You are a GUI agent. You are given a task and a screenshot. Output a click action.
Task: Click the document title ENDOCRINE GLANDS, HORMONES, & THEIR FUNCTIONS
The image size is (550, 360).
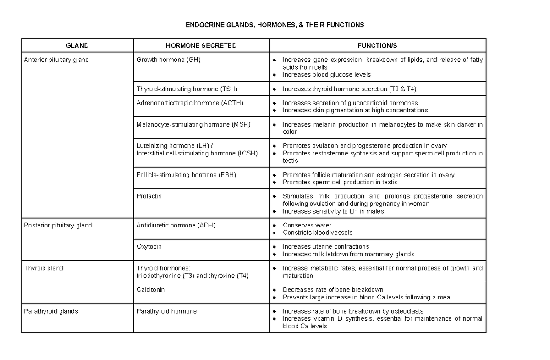275,24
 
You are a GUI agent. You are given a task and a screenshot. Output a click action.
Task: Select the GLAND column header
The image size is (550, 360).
77,45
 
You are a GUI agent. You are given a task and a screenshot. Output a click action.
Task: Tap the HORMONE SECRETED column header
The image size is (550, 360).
201,45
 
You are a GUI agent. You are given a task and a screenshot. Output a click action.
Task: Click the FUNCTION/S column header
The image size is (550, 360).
377,45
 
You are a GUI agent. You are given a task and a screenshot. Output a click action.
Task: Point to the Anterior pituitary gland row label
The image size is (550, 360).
56,60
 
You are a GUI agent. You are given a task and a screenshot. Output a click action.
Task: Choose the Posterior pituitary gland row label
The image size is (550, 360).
58,225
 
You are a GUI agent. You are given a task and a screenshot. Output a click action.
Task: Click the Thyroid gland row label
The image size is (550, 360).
44,268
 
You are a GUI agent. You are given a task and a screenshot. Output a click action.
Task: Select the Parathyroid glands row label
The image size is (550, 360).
51,311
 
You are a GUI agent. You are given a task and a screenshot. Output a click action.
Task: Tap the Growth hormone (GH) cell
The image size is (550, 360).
169,60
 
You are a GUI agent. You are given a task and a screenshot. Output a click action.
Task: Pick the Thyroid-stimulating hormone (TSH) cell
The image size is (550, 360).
187,89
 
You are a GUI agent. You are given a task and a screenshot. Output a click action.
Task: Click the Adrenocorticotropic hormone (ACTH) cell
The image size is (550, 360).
190,103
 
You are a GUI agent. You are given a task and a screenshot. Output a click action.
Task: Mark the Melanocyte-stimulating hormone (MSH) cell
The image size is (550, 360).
194,124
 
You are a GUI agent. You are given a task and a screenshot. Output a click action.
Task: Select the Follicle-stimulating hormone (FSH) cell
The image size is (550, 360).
187,175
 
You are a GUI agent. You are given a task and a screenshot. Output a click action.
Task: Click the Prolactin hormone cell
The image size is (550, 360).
149,196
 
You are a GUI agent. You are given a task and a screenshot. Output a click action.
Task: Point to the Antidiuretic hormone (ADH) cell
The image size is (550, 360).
176,225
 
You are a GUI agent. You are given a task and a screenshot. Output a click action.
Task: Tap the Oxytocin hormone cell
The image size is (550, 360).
149,246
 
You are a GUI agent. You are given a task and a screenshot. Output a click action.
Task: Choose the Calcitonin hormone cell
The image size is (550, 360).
150,289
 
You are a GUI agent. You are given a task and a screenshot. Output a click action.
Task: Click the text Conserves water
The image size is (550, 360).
307,225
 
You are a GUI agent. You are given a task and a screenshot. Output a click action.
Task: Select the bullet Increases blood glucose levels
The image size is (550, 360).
326,74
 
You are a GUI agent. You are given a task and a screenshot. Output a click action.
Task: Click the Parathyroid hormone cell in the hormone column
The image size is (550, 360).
166,311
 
